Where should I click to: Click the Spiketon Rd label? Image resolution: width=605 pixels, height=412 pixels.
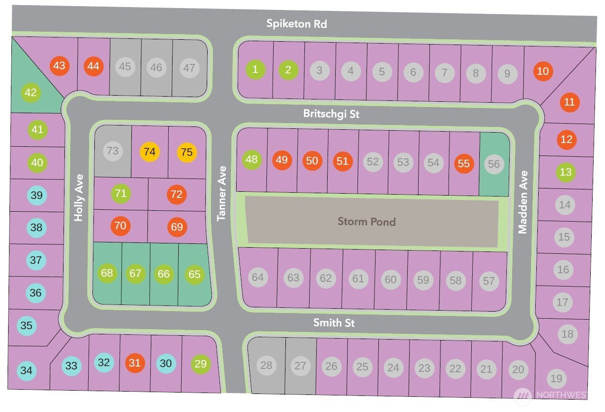296,23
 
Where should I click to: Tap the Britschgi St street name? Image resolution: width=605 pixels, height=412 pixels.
331,114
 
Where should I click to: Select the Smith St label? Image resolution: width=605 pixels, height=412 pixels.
334,323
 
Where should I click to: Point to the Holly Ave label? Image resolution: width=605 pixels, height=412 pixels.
79,197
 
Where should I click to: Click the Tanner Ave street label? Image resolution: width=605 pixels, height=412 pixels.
221,193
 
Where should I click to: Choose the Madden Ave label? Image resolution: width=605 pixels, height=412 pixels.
522,208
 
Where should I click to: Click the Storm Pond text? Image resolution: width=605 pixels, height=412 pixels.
367,221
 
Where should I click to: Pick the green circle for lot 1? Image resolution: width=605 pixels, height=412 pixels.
255,70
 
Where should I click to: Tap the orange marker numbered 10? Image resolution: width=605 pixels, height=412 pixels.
543,72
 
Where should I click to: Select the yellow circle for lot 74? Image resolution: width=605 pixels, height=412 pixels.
149,152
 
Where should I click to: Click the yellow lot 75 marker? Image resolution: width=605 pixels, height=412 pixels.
187,152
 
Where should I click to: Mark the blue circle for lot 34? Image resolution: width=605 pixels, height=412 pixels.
27,370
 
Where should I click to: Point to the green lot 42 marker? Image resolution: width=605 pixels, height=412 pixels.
30,92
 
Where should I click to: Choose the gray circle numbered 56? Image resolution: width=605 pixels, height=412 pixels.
494,164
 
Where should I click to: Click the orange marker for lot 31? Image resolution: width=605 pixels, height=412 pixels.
135,363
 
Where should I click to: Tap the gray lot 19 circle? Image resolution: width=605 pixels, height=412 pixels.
557,378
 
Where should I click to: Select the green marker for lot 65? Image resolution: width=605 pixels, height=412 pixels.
194,274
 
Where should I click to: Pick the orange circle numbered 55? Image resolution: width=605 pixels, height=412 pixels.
464,163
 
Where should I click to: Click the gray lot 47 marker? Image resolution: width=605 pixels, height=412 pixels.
189,68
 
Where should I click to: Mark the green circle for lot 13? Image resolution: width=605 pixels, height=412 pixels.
566,172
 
